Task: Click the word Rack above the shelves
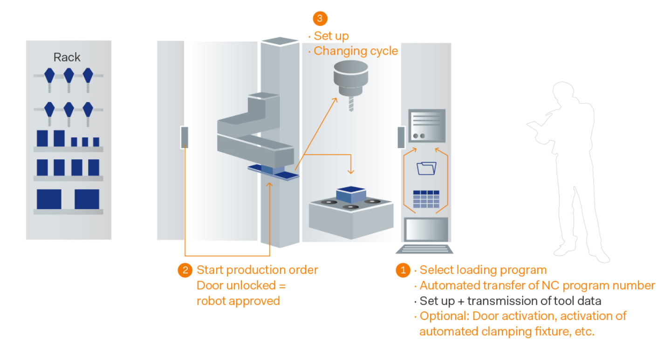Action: [x=67, y=57]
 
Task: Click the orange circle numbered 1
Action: [x=403, y=271]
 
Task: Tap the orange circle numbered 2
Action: [x=185, y=271]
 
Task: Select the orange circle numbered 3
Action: [x=320, y=19]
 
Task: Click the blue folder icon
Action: [x=426, y=168]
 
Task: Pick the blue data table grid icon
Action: [x=426, y=199]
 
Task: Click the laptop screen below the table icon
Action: [x=426, y=230]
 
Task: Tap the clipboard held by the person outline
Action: [x=536, y=130]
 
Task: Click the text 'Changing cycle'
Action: [x=356, y=51]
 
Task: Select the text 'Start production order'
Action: [x=257, y=270]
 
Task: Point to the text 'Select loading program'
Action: [x=483, y=270]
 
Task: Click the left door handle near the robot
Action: [x=185, y=137]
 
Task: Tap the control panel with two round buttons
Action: [x=426, y=126]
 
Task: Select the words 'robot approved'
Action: [x=238, y=301]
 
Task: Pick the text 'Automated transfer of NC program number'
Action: [x=537, y=285]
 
